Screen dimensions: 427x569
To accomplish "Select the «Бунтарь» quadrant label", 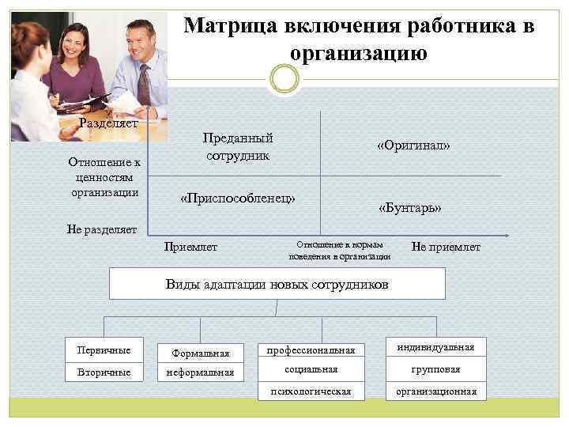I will [409, 208].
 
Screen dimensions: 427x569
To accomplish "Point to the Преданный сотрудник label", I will [237, 146].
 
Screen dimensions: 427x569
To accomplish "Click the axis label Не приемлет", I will [446, 248].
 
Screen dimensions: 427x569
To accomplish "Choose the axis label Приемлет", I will [190, 248].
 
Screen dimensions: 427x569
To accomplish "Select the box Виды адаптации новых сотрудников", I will [277, 284].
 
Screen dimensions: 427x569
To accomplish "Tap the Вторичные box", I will [104, 372].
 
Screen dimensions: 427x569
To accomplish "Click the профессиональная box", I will [311, 350].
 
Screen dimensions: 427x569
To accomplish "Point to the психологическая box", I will [311, 391].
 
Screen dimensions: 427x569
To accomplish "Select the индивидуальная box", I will [436, 347].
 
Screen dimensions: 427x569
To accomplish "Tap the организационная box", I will [436, 391].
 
